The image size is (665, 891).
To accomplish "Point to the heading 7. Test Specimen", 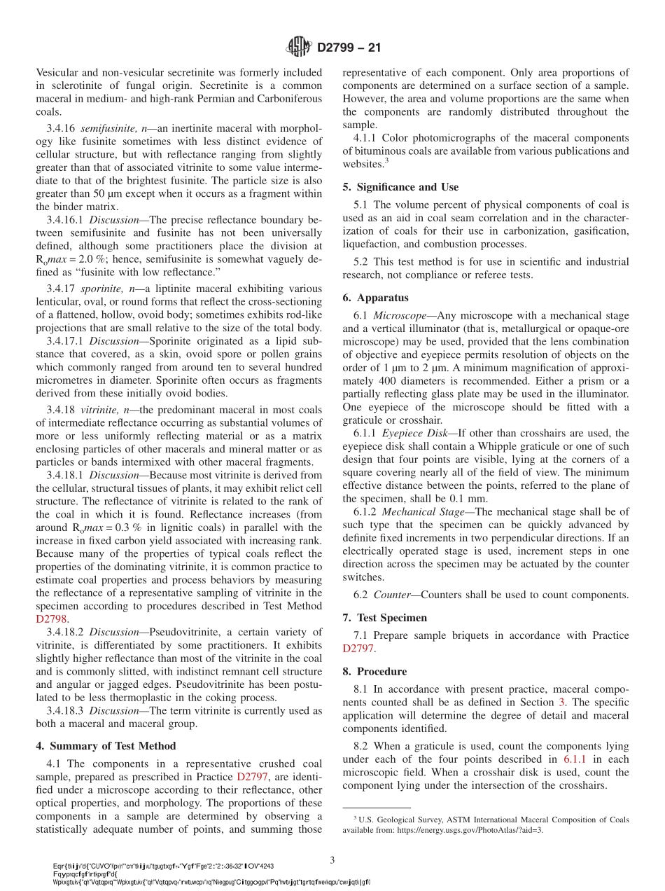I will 394,618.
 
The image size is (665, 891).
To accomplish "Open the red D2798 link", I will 52,619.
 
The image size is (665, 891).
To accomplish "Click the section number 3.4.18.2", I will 66,633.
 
